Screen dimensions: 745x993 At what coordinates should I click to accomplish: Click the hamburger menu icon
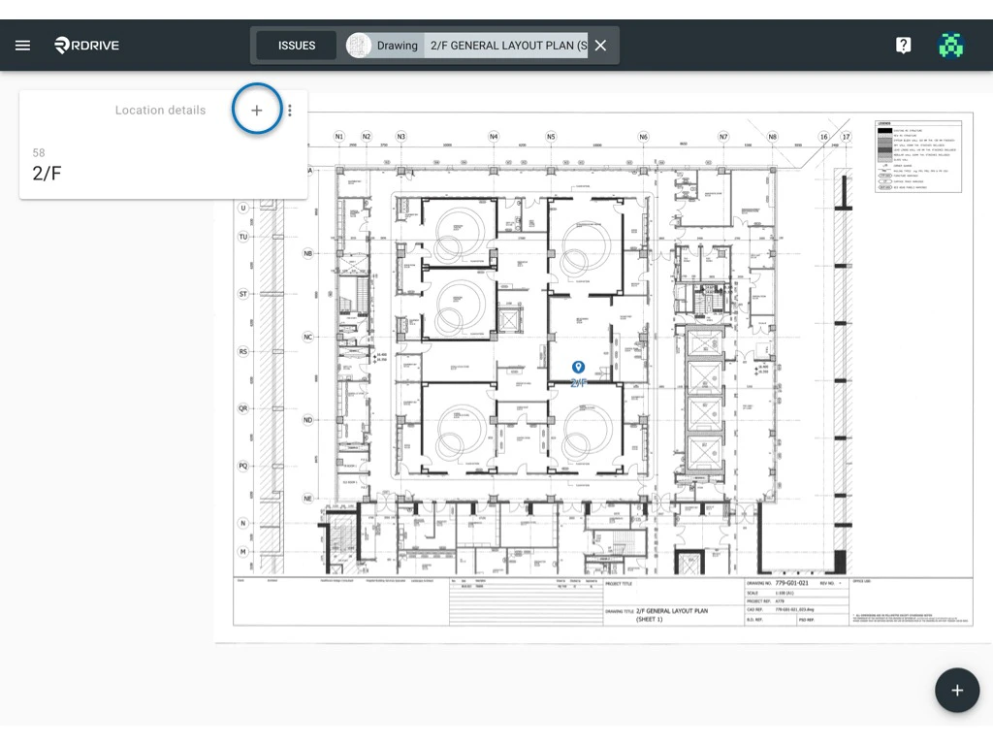click(x=22, y=46)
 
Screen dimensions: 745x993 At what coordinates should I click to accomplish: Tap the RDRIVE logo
click(x=87, y=46)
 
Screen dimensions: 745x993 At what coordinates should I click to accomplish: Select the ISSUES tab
click(x=297, y=46)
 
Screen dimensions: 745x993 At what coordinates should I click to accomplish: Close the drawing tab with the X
click(x=600, y=46)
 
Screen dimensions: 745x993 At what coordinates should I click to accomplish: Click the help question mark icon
click(x=903, y=46)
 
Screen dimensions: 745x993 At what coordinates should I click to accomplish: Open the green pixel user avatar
click(x=952, y=46)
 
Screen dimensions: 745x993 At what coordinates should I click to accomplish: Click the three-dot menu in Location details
click(x=290, y=111)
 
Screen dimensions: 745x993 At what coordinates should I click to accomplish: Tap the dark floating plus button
click(x=957, y=690)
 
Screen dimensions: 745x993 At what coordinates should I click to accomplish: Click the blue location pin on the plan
click(x=578, y=368)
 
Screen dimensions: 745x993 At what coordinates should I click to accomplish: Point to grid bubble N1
click(x=339, y=137)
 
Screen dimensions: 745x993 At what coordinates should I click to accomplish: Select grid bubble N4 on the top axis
click(x=494, y=137)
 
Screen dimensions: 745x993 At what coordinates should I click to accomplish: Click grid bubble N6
click(x=643, y=137)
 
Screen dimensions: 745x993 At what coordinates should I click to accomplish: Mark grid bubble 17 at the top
click(x=846, y=137)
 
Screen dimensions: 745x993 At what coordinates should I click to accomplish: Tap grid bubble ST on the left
click(x=243, y=294)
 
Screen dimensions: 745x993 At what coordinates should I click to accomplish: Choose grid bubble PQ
click(x=243, y=466)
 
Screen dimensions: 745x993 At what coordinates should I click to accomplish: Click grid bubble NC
click(x=308, y=338)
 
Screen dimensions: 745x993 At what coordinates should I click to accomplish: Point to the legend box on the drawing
click(x=917, y=155)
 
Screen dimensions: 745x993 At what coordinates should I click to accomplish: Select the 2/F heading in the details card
click(x=47, y=174)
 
